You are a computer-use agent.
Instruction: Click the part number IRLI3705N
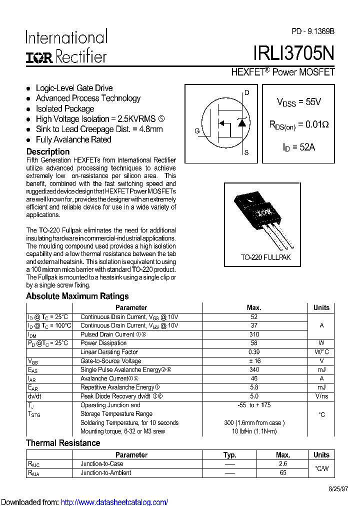(x=294, y=53)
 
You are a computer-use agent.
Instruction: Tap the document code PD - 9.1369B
(x=313, y=31)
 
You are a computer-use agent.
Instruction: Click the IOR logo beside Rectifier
(x=39, y=57)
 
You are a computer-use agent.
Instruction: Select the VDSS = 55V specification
(x=298, y=102)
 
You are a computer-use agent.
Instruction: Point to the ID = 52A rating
(x=299, y=147)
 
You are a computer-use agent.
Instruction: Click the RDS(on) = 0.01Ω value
(x=298, y=125)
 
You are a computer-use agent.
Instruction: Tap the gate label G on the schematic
(x=197, y=131)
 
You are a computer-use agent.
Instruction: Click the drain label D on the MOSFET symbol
(x=246, y=92)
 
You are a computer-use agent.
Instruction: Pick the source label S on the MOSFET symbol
(x=246, y=153)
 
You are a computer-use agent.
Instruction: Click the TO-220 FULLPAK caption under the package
(x=265, y=257)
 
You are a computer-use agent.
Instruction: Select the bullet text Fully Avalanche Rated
(x=73, y=140)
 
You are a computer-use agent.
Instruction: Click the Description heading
(x=48, y=151)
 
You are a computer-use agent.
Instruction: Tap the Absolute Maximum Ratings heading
(x=77, y=296)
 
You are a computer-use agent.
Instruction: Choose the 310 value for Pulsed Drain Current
(x=254, y=334)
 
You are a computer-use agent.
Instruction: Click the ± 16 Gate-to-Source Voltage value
(x=254, y=361)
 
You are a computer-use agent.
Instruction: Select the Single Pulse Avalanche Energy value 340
(x=254, y=370)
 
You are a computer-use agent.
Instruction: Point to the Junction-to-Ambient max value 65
(x=283, y=472)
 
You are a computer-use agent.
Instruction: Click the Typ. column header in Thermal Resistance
(x=230, y=455)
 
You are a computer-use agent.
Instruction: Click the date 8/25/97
(x=338, y=489)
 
